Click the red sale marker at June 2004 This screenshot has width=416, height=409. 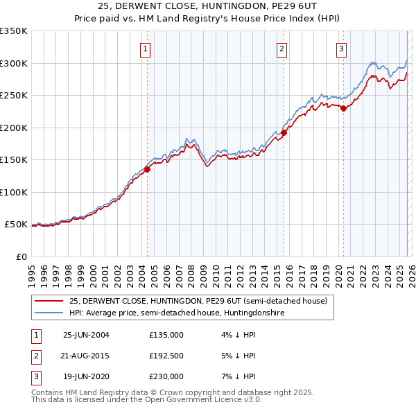(x=147, y=169)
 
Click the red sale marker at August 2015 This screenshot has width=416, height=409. (x=284, y=132)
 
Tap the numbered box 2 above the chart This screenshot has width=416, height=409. (x=282, y=49)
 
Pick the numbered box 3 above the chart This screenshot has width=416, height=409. (x=342, y=49)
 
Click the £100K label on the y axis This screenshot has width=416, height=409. (x=15, y=192)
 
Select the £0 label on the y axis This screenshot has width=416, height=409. (x=21, y=256)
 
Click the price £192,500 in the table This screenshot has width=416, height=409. (x=166, y=356)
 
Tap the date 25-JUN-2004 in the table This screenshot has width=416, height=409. (x=86, y=335)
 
